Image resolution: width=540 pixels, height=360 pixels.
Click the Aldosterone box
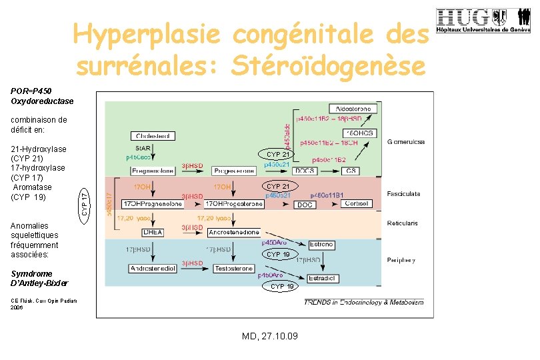pos(353,108)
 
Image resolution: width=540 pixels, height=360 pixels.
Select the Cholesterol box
pos(153,136)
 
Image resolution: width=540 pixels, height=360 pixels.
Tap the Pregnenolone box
pos(153,171)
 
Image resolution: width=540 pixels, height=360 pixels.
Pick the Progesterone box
pos(230,171)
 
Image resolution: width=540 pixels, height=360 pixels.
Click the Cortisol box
pos(356,203)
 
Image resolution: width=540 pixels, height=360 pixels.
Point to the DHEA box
pos(153,232)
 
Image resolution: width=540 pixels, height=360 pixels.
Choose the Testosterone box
pos(233,269)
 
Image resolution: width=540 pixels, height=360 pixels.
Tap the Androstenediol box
pos(153,269)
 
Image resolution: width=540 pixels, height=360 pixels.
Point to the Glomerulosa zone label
pos(406,141)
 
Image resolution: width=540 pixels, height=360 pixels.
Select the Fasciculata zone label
pos(403,194)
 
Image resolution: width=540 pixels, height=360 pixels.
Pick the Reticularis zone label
pos(402,223)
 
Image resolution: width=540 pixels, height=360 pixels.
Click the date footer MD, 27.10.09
pos(270,335)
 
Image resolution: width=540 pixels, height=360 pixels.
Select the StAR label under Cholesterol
pos(143,148)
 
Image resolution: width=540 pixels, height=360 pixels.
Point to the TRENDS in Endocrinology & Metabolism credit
pos(363,303)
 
